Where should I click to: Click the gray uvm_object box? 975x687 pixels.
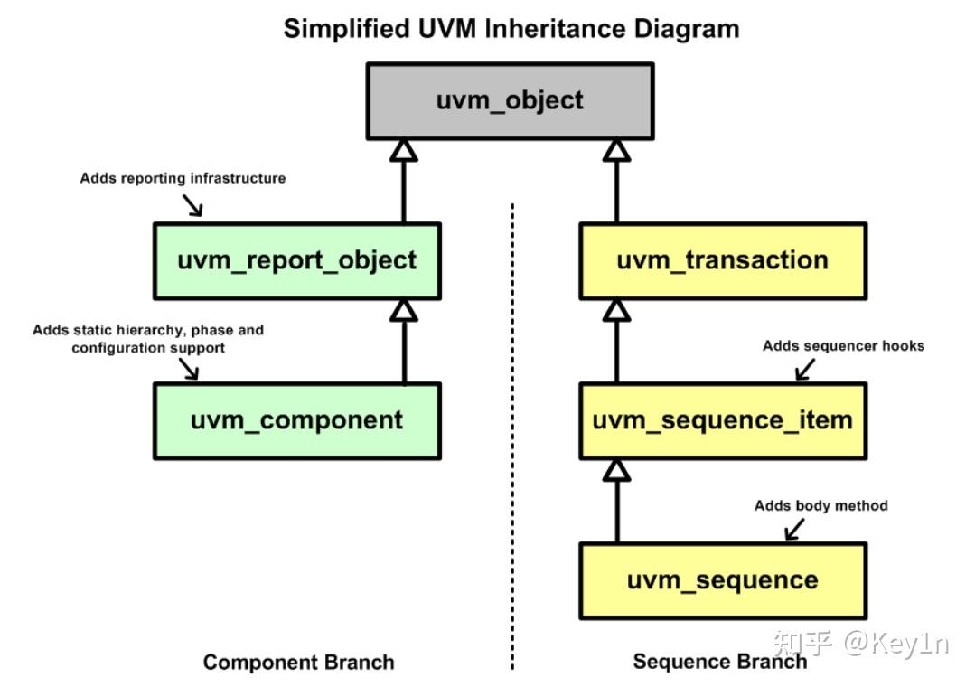[x=510, y=100]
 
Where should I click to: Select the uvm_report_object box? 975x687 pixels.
[x=296, y=261]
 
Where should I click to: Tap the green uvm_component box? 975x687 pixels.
[x=296, y=420]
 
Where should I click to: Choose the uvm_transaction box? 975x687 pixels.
[x=722, y=261]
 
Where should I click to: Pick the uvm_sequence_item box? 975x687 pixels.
[x=722, y=420]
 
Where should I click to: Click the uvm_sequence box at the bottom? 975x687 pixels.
[x=722, y=580]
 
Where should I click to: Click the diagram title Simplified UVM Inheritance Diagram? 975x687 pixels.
[x=511, y=28]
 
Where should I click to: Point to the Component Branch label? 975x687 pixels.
[x=298, y=663]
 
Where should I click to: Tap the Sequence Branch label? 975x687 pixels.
[x=719, y=662]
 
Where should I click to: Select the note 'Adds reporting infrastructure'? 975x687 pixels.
[x=183, y=178]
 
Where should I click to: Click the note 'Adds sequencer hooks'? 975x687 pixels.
[x=843, y=345]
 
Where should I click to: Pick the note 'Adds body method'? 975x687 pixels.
[x=820, y=505]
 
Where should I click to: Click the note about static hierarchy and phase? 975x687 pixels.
[x=148, y=338]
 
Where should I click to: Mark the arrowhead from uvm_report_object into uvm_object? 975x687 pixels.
[x=404, y=150]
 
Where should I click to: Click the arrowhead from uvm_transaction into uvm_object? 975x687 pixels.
[x=616, y=150]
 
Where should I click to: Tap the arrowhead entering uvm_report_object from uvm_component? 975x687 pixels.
[x=404, y=310]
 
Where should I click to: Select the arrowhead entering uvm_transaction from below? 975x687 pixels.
[x=616, y=310]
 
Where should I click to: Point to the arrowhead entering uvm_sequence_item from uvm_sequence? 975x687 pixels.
[x=616, y=469]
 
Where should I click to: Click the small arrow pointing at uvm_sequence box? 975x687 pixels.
[x=793, y=530]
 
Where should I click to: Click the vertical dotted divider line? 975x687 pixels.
[x=512, y=434]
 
